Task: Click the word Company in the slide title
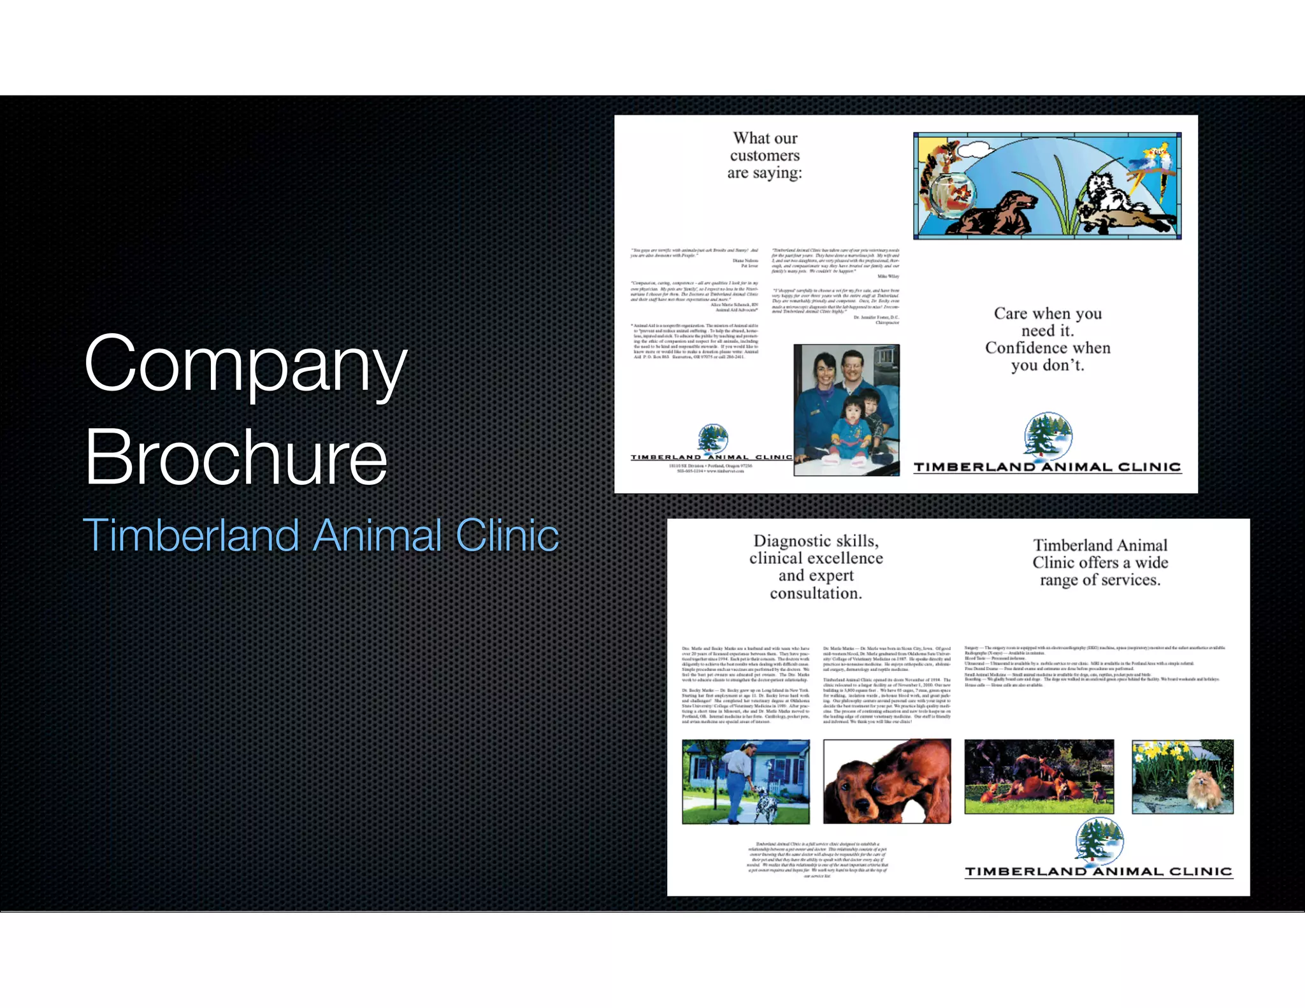point(245,365)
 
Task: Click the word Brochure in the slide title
point(236,457)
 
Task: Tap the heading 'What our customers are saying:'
point(765,155)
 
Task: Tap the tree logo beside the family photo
point(712,438)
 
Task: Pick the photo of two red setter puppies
point(886,781)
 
